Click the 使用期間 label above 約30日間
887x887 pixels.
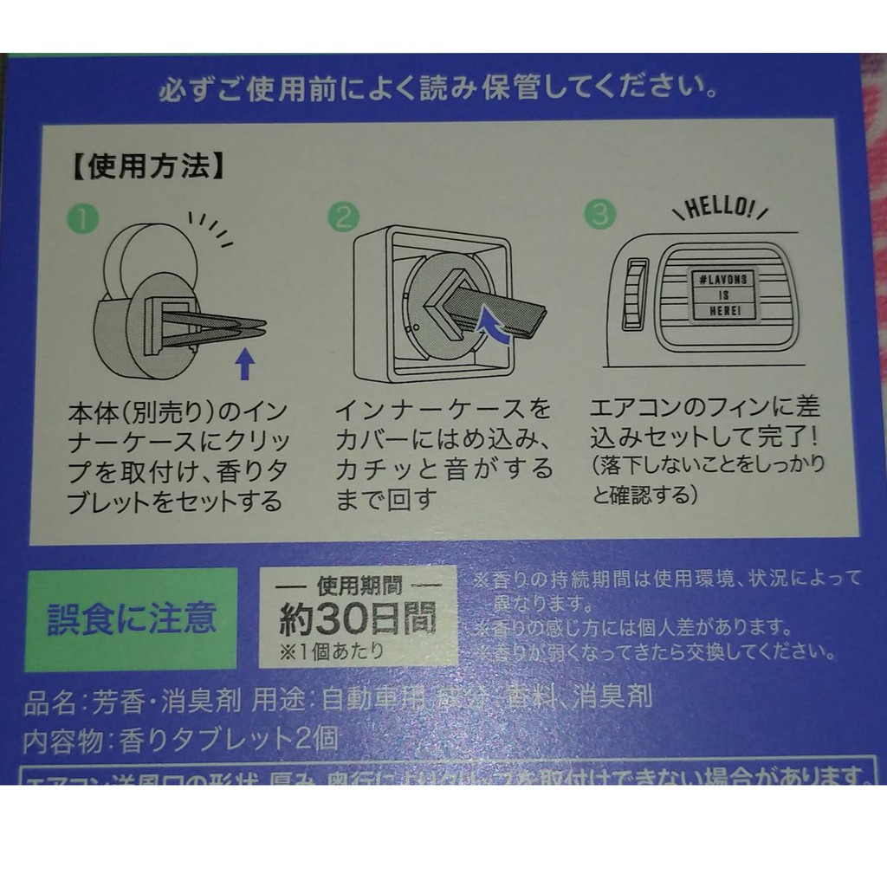click(356, 584)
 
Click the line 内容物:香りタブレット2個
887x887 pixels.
click(182, 739)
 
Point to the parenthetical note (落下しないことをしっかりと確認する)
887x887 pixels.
click(707, 478)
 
